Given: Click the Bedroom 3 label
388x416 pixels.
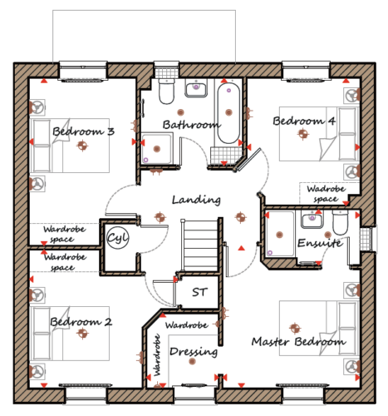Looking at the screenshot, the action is click(x=83, y=131).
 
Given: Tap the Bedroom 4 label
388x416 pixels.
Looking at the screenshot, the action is click(x=304, y=121).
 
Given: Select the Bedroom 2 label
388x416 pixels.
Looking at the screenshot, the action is click(x=81, y=322).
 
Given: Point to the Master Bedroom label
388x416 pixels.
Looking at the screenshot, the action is click(x=298, y=341).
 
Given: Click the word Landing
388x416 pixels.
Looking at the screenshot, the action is click(x=196, y=200).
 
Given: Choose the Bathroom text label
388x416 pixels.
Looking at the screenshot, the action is click(x=192, y=125).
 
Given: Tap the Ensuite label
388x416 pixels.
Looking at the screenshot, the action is click(x=320, y=243).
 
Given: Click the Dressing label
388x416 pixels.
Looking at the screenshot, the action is click(x=194, y=352).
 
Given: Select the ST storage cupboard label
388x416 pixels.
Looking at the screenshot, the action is click(x=199, y=292).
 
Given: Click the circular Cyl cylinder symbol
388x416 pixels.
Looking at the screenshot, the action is click(x=118, y=238).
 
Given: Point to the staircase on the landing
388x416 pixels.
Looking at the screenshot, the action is click(x=199, y=245).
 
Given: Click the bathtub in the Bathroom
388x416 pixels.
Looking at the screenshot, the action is click(x=228, y=113).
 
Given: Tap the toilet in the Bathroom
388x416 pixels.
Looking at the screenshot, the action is click(x=166, y=91).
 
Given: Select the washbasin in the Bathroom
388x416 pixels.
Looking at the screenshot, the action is click(x=196, y=88).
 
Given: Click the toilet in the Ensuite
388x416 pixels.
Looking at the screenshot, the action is click(x=341, y=222).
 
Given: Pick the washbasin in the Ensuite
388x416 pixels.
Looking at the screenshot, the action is click(x=312, y=220).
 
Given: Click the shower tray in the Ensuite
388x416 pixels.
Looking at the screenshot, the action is click(x=280, y=234).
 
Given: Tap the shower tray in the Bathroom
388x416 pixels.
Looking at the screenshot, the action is click(x=157, y=148).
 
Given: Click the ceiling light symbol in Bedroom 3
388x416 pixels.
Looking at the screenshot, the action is click(x=82, y=145).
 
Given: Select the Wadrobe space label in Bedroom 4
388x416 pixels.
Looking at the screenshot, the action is click(x=326, y=194).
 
